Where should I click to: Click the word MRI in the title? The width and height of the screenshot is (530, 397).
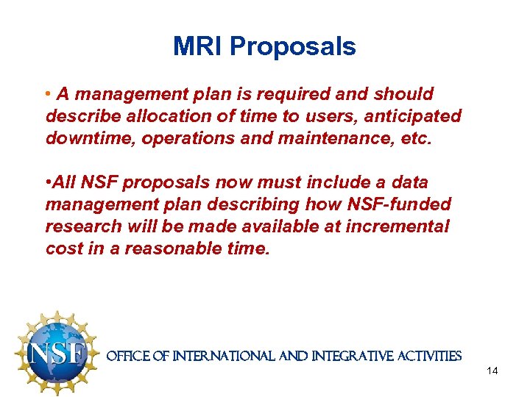198,46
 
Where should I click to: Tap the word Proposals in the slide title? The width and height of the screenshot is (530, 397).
293,46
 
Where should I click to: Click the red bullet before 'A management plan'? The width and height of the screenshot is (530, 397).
48,95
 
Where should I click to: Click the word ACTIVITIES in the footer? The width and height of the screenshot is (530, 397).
431,357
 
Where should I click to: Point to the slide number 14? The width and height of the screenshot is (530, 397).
492,371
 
